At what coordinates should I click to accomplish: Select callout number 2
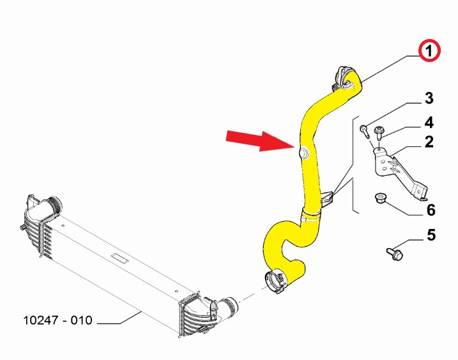tap(429, 142)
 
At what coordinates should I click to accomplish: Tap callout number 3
tap(429, 98)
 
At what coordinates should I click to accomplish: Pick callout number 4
tap(429, 121)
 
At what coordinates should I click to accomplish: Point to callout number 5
tap(431, 235)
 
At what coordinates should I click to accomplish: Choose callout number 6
tap(431, 210)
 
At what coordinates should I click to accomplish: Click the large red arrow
tap(254, 139)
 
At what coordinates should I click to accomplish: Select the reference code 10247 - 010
tap(58, 320)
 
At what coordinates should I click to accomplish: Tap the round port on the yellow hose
tap(303, 152)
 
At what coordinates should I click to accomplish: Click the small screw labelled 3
tap(365, 130)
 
